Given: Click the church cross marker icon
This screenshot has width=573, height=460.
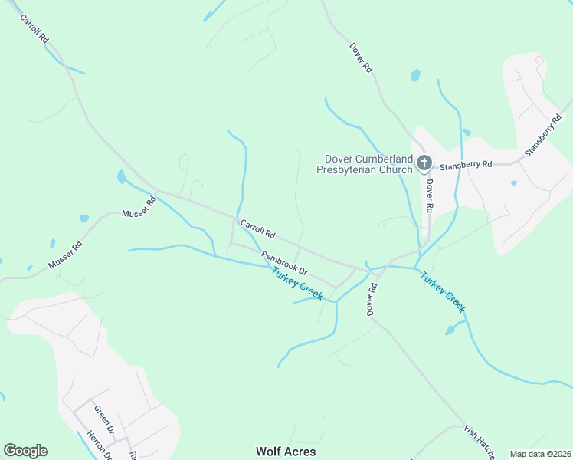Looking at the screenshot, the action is tap(424, 163).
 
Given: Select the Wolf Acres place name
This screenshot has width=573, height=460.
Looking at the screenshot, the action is tap(286, 452).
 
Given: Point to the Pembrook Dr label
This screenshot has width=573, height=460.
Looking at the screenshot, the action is tap(283, 263).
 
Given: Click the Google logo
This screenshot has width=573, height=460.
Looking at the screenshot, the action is tap(25, 451).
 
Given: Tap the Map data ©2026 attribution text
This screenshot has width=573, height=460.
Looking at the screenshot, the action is tap(540, 454).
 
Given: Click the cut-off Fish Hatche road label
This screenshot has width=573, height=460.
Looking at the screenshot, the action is tap(480, 442).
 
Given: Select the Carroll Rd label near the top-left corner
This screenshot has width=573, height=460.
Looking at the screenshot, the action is tap(34, 28).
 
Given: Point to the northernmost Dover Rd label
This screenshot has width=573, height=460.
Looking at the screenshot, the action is tap(361, 58).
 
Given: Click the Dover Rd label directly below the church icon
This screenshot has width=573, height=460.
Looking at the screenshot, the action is tap(430, 195).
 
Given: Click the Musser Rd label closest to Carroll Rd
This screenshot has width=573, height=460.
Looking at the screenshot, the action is tap(139, 206).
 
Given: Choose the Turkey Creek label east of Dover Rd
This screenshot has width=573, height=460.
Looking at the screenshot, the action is tap(443, 292).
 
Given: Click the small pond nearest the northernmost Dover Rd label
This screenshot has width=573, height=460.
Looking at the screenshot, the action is tap(415, 75).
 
